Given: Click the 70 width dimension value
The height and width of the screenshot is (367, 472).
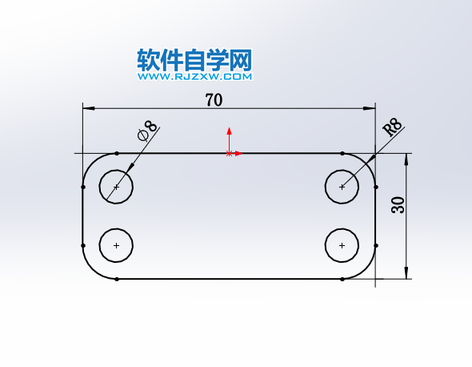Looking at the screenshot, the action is (214, 100).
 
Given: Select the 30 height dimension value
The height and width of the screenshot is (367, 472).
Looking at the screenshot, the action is (398, 205).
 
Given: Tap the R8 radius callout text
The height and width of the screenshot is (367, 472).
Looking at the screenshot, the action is (392, 127).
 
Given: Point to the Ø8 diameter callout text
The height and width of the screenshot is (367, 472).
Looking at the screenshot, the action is (147, 131).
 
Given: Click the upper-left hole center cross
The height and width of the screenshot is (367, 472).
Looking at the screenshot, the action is (116, 187).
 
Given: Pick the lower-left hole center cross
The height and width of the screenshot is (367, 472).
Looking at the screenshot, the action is (116, 245).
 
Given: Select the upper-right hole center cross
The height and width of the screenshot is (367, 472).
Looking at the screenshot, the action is (342, 187).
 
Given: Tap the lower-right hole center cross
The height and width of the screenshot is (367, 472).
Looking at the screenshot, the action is (342, 245).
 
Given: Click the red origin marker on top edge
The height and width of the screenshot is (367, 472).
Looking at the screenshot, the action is (229, 154).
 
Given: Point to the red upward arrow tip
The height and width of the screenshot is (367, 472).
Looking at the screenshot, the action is (229, 128).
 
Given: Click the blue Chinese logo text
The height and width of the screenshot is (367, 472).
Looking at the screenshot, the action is (194, 60).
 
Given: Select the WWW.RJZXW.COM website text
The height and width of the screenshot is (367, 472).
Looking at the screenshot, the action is (195, 77).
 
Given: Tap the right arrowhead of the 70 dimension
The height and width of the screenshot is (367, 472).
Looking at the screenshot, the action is (370, 108).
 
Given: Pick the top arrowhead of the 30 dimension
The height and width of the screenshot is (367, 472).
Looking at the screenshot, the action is (406, 159).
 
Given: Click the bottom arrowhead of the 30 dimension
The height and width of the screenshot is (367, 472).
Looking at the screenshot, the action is (406, 273).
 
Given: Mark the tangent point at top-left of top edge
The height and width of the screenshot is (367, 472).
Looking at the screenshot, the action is (117, 154).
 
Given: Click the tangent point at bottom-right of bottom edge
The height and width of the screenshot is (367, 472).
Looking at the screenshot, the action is (342, 279).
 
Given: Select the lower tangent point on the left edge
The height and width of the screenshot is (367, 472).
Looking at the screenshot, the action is (83, 246).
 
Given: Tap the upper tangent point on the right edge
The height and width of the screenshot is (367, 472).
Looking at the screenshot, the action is (376, 187).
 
